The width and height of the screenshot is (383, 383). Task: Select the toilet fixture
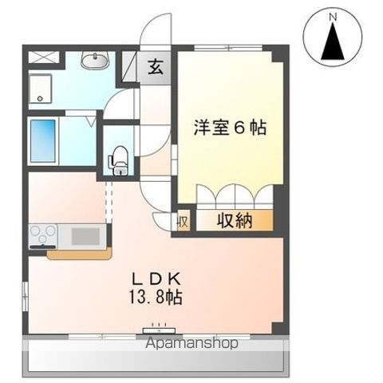[x=120, y=159]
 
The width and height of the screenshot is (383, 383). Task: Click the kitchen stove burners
[x=42, y=235]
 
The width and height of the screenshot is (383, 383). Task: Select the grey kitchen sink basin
[x=85, y=235]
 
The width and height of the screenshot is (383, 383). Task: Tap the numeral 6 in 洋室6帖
[x=239, y=127]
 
